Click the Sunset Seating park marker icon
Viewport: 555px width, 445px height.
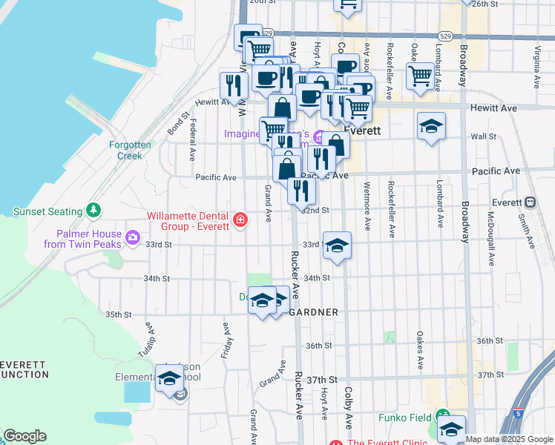93,211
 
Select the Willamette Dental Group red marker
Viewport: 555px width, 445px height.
240,220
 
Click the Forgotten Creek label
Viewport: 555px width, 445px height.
130,151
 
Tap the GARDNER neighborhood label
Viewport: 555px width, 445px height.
313,313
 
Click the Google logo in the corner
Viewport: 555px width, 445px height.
24,436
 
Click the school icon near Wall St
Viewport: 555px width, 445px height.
431,125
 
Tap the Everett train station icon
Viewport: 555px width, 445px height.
531,202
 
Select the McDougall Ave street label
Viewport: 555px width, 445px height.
490,238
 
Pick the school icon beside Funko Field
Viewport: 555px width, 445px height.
451,429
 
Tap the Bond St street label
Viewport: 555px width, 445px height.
179,124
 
